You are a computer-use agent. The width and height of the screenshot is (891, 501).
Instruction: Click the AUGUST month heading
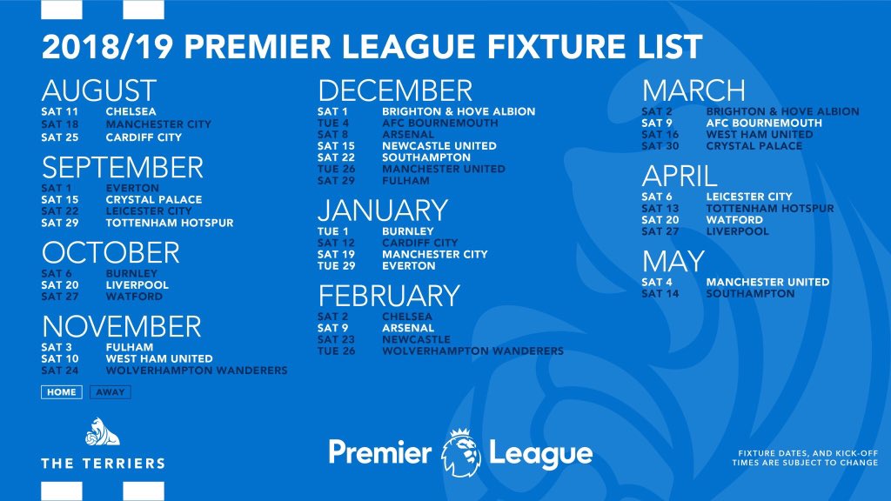click(x=98, y=90)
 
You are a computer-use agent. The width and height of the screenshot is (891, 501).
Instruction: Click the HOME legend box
click(x=62, y=392)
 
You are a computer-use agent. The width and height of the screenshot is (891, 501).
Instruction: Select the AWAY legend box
click(x=111, y=392)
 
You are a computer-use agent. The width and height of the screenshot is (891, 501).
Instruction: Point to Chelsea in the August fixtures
click(x=131, y=112)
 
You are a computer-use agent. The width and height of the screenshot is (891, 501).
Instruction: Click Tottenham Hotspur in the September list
click(x=170, y=223)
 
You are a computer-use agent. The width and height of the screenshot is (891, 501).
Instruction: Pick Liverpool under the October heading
click(x=137, y=285)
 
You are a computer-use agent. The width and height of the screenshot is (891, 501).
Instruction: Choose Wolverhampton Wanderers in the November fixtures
click(x=197, y=371)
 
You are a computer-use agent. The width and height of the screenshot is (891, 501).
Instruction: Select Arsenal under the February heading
click(x=407, y=328)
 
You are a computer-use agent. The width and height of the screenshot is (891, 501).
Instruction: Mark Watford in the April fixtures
click(x=734, y=220)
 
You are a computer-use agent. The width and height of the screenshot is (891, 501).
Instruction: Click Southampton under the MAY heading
click(x=750, y=294)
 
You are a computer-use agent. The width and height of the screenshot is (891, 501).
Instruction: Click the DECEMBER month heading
click(x=395, y=90)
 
